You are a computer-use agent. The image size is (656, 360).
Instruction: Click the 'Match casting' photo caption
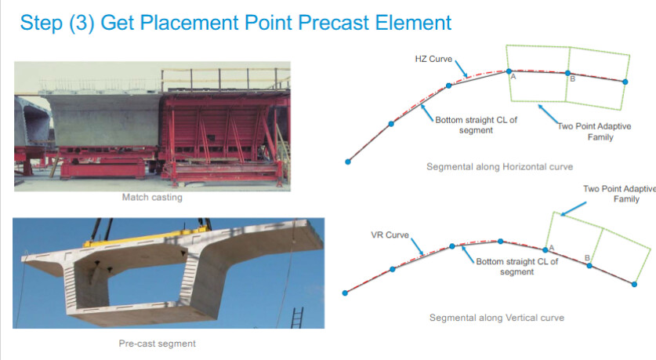(x=152, y=197)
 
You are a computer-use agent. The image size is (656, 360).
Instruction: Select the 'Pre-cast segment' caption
(x=158, y=344)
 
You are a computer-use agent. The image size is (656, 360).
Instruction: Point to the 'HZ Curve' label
(x=433, y=59)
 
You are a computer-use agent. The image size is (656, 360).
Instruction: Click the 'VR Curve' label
(x=390, y=235)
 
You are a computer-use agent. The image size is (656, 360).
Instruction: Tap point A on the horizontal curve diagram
(x=509, y=71)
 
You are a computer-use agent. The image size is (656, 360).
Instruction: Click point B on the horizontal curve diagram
(x=567, y=73)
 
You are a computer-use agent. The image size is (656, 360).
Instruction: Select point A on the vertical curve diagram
(x=545, y=250)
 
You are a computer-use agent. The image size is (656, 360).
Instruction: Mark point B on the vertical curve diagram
(x=589, y=265)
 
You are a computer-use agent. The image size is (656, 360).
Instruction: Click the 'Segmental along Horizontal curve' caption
(x=499, y=166)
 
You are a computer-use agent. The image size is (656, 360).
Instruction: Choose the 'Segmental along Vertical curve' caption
(x=497, y=318)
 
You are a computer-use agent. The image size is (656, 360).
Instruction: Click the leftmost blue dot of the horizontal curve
(x=348, y=162)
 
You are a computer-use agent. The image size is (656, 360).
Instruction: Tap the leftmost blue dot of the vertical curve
(x=345, y=293)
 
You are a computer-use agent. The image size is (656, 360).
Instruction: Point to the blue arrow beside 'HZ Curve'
(x=461, y=69)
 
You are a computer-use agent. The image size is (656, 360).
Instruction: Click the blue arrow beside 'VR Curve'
(x=417, y=246)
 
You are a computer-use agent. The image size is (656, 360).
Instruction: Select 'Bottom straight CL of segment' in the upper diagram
(x=476, y=125)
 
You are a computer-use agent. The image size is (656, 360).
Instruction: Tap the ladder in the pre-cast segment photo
(x=296, y=318)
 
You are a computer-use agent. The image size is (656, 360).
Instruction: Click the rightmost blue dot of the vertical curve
(x=634, y=284)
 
